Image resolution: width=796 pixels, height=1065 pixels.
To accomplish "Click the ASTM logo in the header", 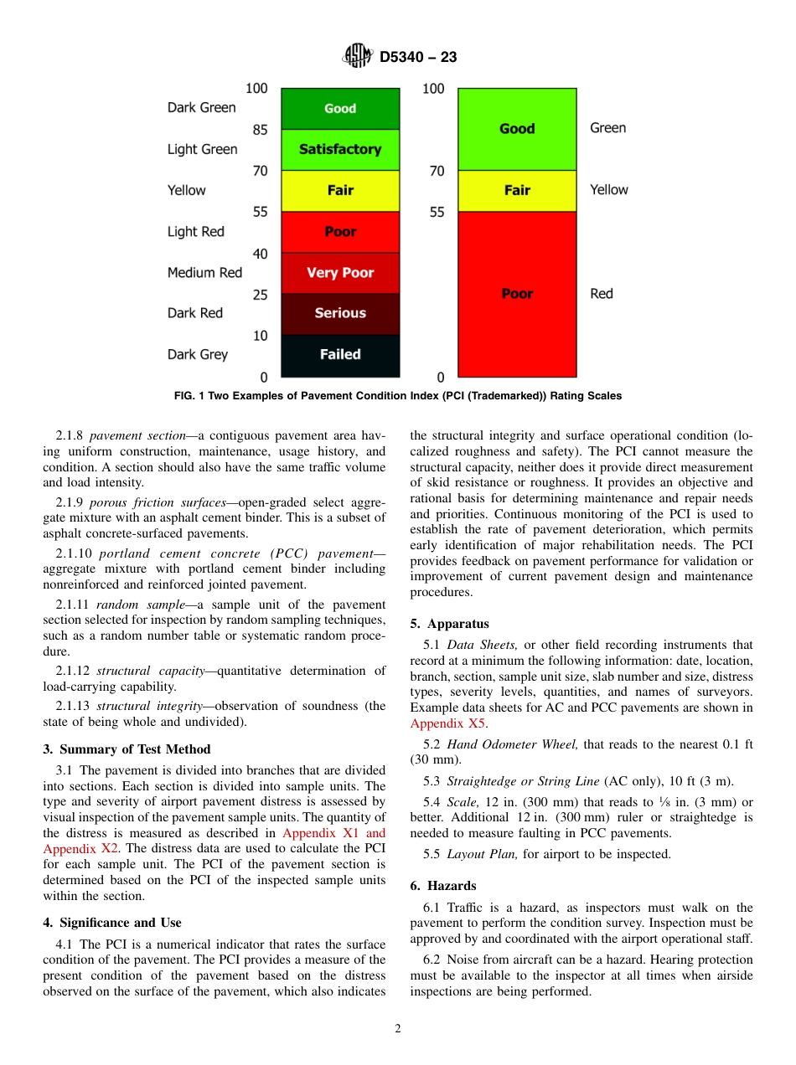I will (358, 57).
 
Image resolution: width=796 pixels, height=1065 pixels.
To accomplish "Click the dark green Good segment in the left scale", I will (340, 109).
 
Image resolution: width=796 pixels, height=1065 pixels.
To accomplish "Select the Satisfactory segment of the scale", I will (340, 150).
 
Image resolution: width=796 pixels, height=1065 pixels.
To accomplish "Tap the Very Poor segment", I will (340, 273).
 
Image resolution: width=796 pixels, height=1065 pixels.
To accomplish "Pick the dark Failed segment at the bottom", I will (340, 355).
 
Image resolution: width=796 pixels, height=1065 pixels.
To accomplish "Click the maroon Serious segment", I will (340, 313).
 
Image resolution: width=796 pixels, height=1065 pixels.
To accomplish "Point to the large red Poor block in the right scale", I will (517, 294).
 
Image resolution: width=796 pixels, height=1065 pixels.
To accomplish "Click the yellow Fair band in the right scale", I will (517, 191).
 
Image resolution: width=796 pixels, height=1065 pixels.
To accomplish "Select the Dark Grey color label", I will (198, 354).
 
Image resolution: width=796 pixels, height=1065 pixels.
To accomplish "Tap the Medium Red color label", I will (204, 272).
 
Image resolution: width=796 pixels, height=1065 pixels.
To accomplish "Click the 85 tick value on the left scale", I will (260, 130).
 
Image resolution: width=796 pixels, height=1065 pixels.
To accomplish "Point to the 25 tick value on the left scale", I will (260, 295).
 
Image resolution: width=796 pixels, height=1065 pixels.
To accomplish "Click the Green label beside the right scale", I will (607, 128).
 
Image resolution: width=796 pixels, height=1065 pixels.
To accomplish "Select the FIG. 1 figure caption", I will (398, 396).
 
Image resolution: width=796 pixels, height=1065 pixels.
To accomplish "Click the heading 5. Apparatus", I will (449, 624).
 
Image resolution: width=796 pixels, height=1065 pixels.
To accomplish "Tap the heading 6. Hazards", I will (443, 886).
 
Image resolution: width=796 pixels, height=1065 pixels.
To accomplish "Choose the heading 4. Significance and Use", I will (111, 923).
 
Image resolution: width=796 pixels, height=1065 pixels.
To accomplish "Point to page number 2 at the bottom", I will (398, 1029).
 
